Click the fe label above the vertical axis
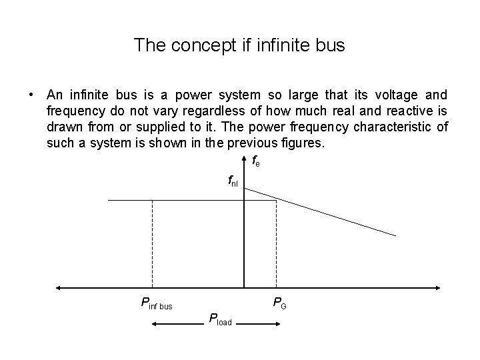tap(256, 161)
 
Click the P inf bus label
tap(157, 305)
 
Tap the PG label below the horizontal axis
tap(280, 304)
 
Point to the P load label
tap(220, 319)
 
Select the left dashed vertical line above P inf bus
tap(153, 243)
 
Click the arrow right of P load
tap(257, 325)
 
